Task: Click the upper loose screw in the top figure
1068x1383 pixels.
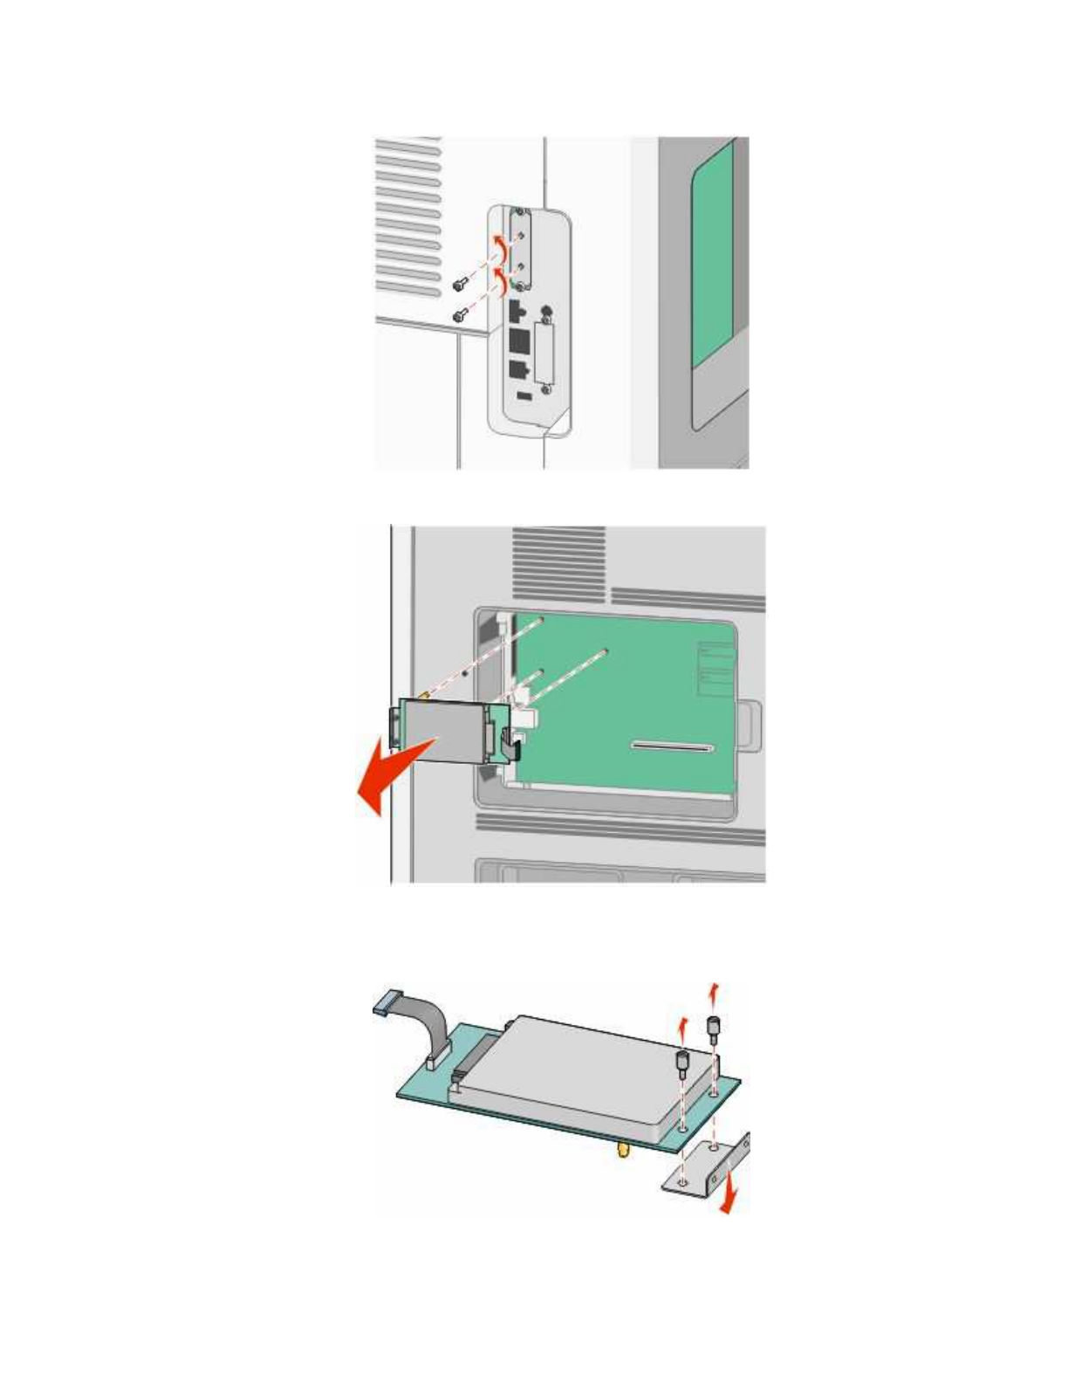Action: pos(459,284)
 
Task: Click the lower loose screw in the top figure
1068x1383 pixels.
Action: pos(457,313)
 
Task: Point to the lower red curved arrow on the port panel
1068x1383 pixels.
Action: pos(501,281)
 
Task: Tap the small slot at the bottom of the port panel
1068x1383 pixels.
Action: pos(523,397)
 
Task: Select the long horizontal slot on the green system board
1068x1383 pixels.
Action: pos(672,747)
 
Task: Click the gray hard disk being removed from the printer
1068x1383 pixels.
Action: pos(442,729)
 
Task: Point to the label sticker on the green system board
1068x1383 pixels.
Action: pos(715,669)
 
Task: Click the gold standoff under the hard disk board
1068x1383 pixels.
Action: pos(622,1150)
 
